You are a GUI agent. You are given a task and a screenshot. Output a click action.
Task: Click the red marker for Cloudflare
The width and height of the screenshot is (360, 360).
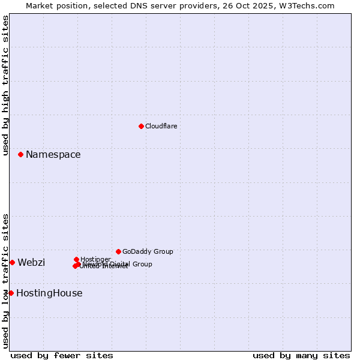tap(141, 126)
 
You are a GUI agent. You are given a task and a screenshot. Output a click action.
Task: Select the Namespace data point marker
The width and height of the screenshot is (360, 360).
tap(20, 154)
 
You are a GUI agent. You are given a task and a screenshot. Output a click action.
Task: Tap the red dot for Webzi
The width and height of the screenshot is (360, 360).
tap(12, 262)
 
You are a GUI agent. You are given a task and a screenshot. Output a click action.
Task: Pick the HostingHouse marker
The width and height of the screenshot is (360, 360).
tap(11, 293)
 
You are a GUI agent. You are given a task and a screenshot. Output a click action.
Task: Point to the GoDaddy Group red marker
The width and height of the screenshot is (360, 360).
tap(118, 251)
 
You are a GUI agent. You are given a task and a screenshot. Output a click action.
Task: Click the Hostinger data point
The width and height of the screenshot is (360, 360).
tap(76, 259)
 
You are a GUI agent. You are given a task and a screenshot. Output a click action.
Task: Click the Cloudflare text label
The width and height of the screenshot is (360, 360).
tap(161, 126)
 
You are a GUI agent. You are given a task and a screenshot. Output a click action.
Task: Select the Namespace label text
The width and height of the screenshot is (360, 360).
tap(53, 155)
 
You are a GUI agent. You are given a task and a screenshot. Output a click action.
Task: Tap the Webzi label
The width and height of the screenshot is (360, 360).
tap(31, 263)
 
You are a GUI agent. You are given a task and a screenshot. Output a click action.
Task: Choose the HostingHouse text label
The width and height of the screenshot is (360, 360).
tap(49, 293)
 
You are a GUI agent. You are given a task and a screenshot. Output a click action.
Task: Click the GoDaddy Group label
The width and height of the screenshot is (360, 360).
tap(148, 252)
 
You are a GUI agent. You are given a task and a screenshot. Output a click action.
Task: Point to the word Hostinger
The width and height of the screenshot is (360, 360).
tap(95, 259)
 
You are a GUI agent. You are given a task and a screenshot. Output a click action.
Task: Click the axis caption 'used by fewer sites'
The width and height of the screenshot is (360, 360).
tap(62, 356)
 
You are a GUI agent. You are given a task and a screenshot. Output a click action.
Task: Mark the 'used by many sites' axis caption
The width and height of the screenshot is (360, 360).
tap(301, 356)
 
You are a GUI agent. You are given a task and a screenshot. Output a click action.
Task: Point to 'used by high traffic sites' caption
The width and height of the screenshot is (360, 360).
tap(5, 86)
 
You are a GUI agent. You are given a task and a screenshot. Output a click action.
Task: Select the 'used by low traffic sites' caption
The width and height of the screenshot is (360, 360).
tap(5, 281)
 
